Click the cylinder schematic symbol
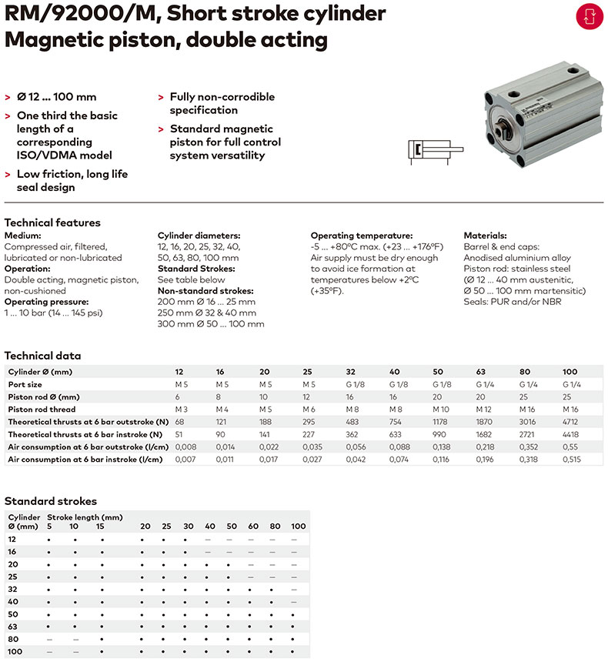(434, 150)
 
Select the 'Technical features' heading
(52, 222)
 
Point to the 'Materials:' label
(485, 236)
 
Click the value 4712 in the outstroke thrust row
(570, 423)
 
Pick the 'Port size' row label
(25, 383)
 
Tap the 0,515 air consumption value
(571, 460)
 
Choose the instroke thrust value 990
(440, 435)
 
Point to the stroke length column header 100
(298, 527)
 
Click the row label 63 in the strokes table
(12, 627)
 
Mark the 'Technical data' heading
(42, 356)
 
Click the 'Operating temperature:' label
(361, 236)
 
